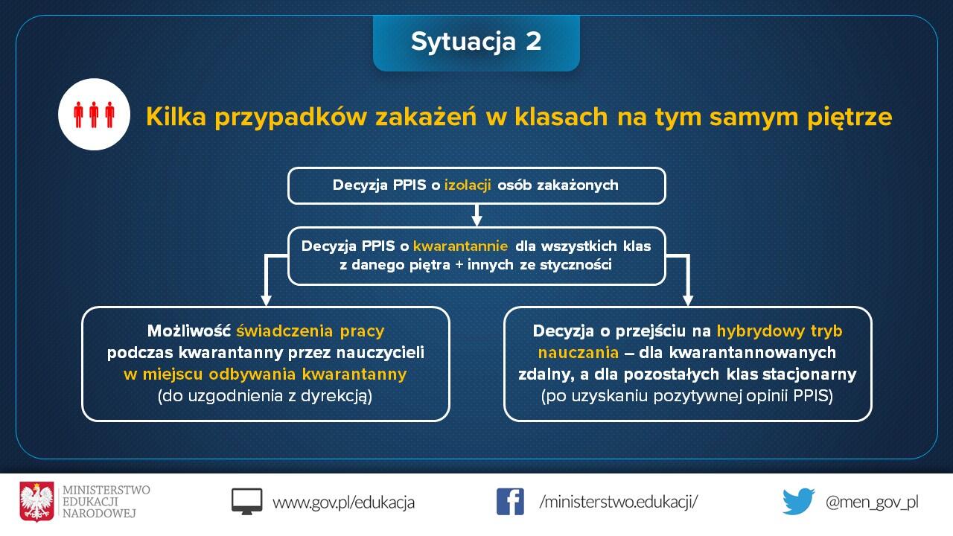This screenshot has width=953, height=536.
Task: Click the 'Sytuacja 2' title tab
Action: coord(476,42)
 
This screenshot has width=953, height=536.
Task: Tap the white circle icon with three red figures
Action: coord(94,114)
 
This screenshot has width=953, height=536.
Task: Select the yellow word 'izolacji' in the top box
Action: coord(468,185)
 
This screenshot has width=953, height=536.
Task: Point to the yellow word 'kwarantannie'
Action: coord(460,246)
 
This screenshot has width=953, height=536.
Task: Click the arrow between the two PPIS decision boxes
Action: coord(477,215)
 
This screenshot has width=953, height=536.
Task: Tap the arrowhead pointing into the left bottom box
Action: coord(266,299)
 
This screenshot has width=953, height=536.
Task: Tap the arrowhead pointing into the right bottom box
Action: coord(687,299)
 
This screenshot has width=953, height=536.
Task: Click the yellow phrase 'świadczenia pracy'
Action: coord(310,331)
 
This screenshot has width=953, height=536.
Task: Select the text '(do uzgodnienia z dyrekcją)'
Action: coord(265,396)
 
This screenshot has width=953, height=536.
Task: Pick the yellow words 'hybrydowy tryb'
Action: coord(780,331)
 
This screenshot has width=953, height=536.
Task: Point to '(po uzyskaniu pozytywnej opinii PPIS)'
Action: coord(687,396)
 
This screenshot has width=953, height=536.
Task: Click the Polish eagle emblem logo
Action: coord(37,502)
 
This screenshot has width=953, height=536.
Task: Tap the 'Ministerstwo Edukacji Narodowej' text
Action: coord(106,502)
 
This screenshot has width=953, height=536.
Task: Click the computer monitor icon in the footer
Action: coord(246,502)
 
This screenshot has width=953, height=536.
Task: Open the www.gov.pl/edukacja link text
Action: coord(343,502)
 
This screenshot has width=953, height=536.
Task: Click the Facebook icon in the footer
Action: coord(510,502)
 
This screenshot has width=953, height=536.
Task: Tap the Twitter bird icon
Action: coord(798,502)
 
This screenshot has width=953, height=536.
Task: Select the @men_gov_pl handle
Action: coord(872,502)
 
